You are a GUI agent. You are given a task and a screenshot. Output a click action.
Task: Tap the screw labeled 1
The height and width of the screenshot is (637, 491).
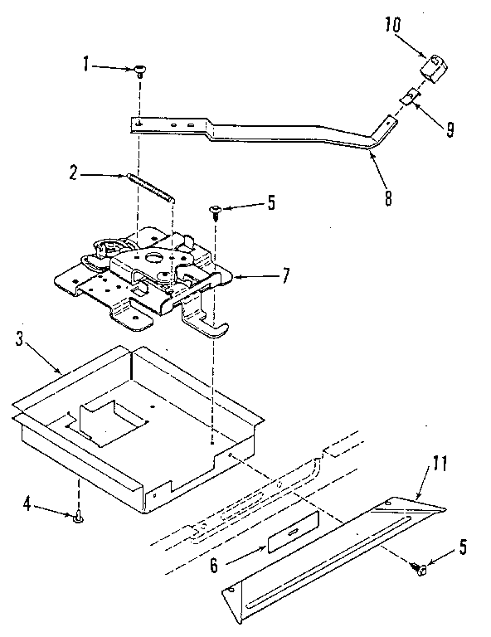click(x=141, y=71)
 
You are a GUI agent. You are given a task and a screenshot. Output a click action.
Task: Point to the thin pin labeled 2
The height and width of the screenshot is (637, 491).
click(x=151, y=186)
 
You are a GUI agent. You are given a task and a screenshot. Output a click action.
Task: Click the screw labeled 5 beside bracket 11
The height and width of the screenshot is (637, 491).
click(x=420, y=566)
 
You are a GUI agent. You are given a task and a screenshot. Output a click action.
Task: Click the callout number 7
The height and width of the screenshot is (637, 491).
click(x=286, y=274)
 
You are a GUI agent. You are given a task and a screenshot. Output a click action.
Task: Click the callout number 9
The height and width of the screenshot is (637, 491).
click(x=449, y=130)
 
